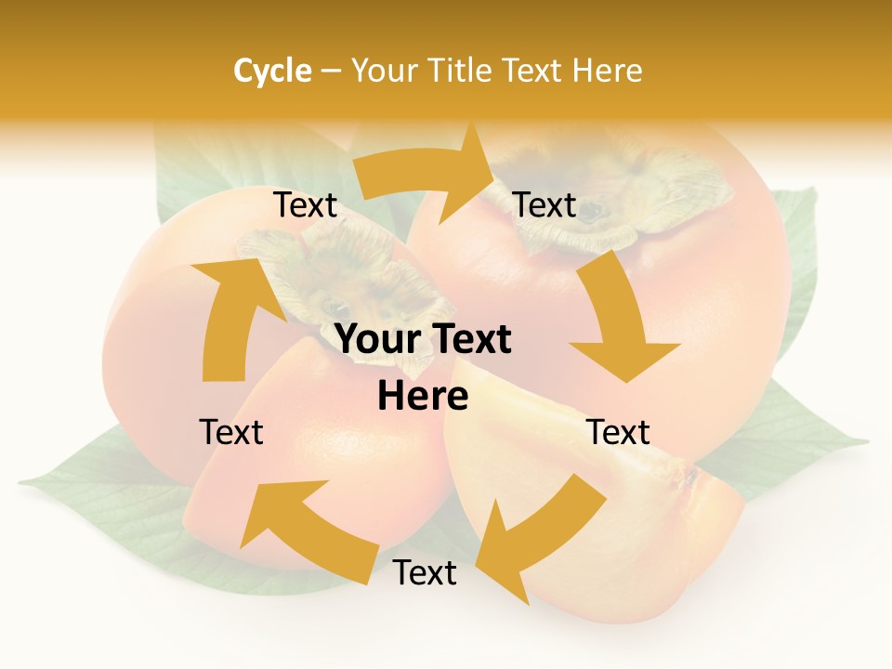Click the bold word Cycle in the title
click(x=272, y=71)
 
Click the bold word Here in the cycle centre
click(x=423, y=397)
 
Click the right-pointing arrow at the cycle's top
click(x=427, y=177)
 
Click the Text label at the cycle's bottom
click(x=425, y=573)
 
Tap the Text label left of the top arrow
click(x=305, y=205)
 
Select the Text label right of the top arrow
click(x=544, y=205)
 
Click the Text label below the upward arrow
click(x=231, y=432)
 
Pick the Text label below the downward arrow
click(x=618, y=432)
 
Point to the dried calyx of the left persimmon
click(x=344, y=274)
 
